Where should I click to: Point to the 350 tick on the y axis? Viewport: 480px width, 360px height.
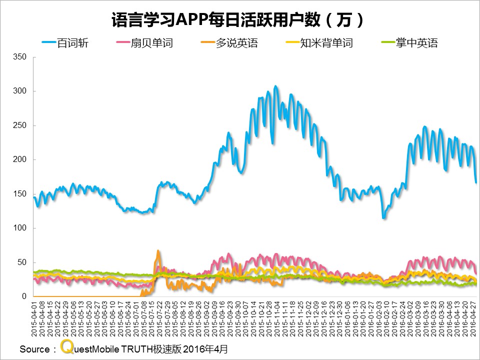[19, 57]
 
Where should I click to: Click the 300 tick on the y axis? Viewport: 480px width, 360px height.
[19, 91]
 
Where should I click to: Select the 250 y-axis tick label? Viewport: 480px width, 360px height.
[19, 125]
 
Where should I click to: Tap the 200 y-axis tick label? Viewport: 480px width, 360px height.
[19, 159]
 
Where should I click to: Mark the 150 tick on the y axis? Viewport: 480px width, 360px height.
[19, 194]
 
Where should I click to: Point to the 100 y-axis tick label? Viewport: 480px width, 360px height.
[19, 228]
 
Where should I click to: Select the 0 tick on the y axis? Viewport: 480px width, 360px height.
[23, 296]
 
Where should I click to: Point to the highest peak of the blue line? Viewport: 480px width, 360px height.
[275, 86]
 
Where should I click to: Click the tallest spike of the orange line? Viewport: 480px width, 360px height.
[158, 250]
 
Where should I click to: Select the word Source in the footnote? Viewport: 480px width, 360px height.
[34, 349]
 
